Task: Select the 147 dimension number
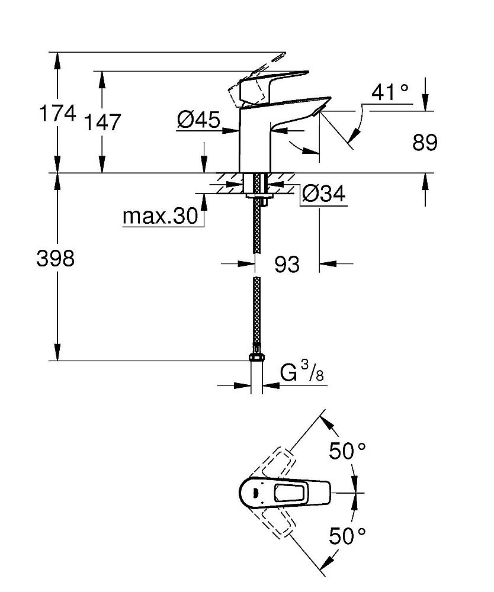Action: click(101, 123)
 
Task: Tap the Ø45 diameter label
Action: click(198, 120)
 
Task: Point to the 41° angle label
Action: click(390, 92)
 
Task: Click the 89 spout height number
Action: click(424, 143)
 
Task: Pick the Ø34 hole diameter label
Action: click(323, 194)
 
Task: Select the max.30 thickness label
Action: click(159, 217)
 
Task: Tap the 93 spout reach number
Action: click(287, 264)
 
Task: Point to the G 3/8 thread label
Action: click(303, 374)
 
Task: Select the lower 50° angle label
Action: click(347, 536)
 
